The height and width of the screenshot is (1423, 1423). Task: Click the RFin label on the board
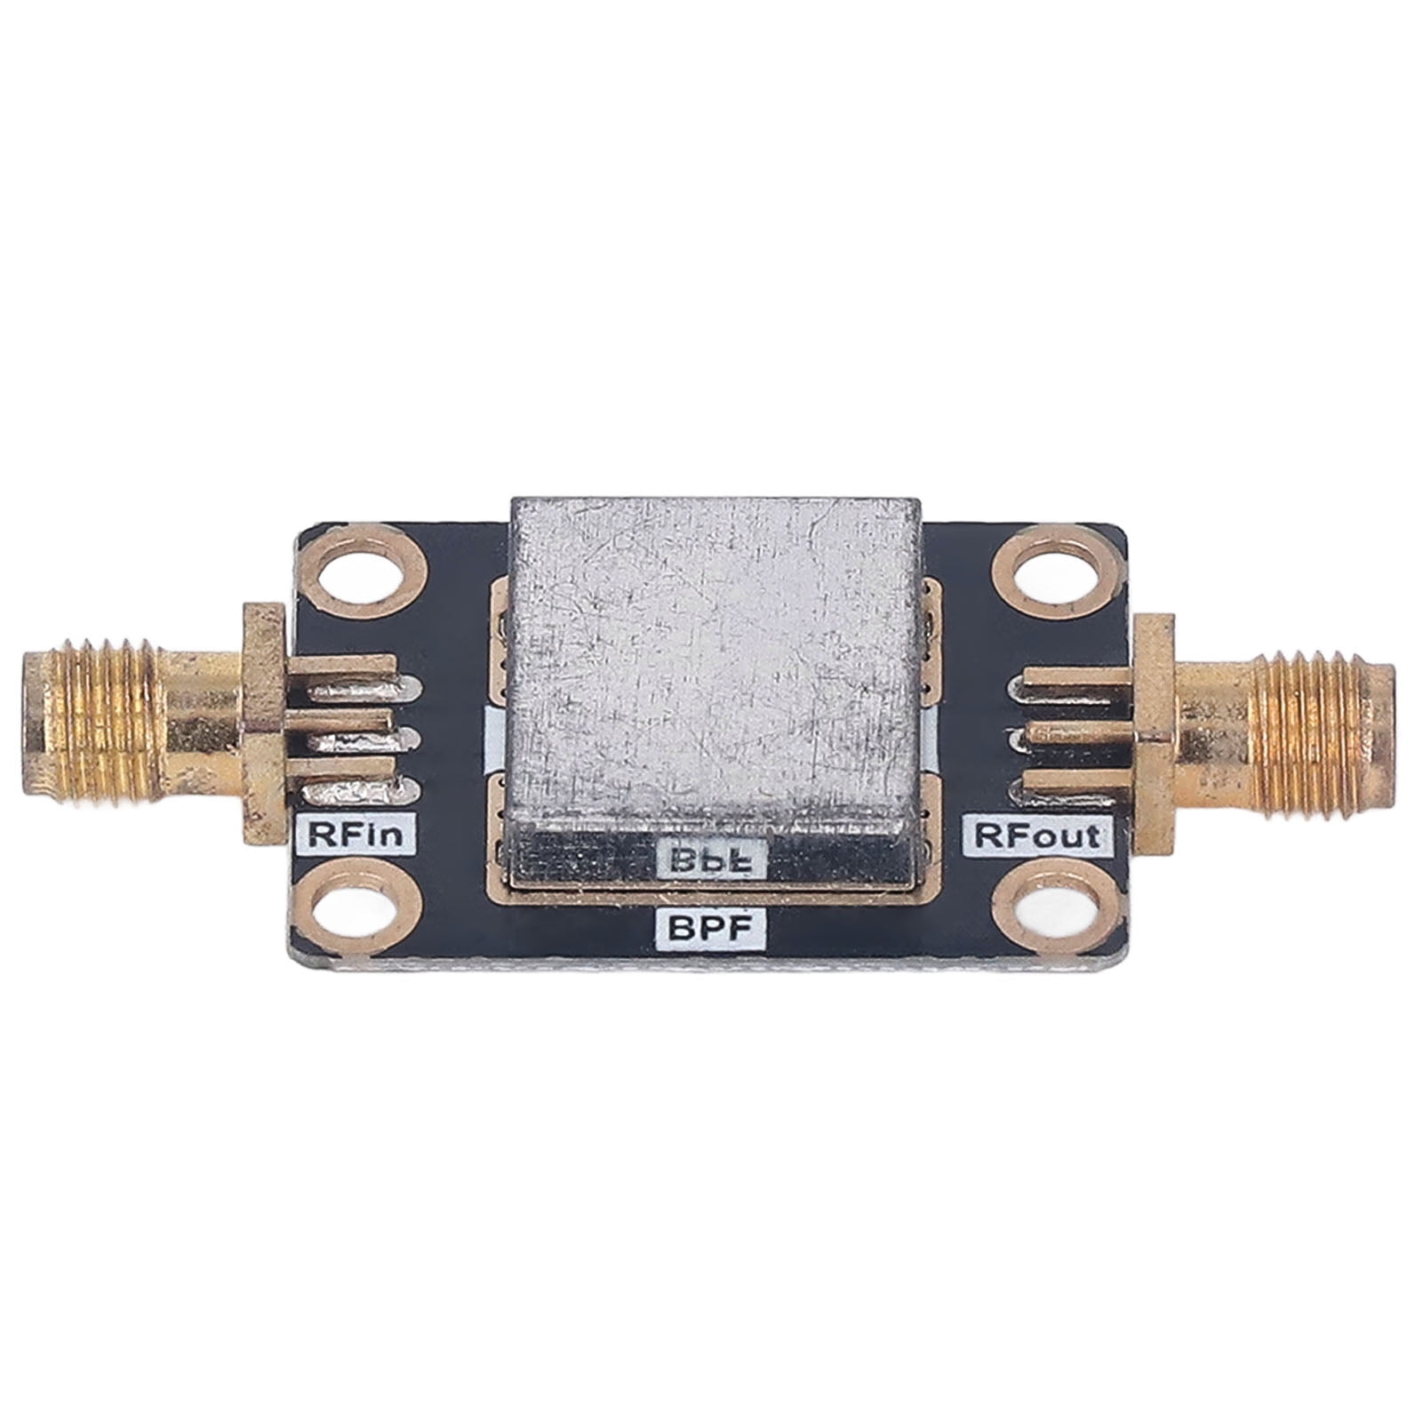355,835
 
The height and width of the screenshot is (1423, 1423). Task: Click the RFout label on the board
1037,835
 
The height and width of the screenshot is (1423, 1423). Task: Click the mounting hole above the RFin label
365,575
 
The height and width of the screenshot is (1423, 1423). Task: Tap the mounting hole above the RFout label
1046,575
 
